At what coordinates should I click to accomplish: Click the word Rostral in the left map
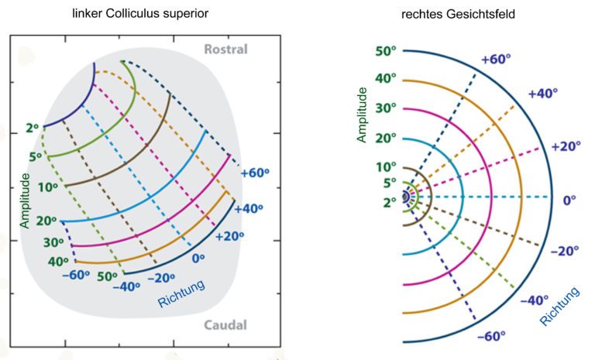(225, 49)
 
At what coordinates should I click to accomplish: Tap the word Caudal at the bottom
(225, 325)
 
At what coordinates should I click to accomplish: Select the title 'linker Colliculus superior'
(140, 13)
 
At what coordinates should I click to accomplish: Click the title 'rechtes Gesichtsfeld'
(458, 14)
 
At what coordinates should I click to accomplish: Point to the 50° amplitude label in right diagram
(386, 50)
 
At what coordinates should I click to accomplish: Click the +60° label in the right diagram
(496, 59)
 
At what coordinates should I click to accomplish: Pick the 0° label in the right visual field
(569, 200)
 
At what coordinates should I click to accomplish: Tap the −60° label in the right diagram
(491, 336)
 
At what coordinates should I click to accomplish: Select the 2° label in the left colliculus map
(33, 129)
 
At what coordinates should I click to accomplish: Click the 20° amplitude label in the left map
(46, 221)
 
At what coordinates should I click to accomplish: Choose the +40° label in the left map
(249, 208)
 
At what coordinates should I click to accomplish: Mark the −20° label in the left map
(161, 278)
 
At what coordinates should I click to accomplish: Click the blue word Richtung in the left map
(181, 293)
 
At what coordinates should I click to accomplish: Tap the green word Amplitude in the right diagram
(362, 115)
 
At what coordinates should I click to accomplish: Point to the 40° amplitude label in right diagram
(386, 78)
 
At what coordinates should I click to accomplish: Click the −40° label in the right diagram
(535, 300)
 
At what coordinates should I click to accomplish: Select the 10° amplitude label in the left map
(48, 187)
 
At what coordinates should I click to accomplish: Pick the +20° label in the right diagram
(566, 146)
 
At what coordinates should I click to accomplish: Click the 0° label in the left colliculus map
(198, 259)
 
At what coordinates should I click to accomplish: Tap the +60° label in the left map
(255, 173)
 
